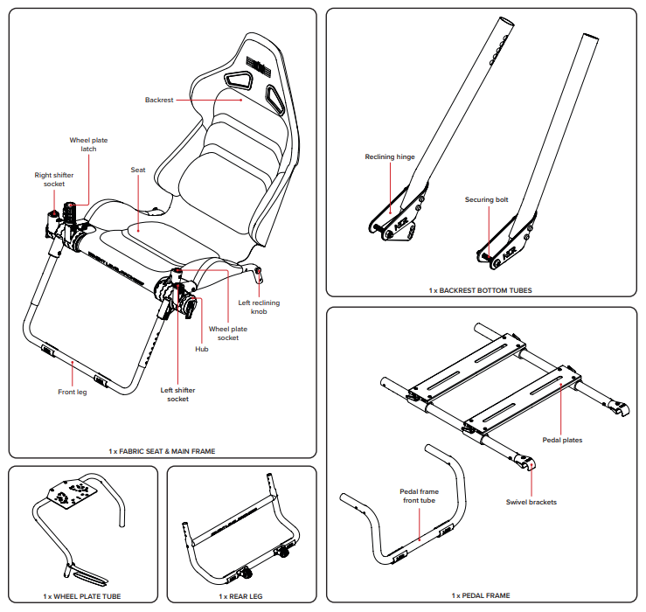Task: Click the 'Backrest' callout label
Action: pyautogui.click(x=160, y=101)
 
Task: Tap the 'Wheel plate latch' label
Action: pyautogui.click(x=88, y=144)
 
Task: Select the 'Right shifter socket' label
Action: pyautogui.click(x=54, y=179)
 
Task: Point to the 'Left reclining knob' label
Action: pyautogui.click(x=259, y=307)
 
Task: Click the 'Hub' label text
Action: pyautogui.click(x=201, y=348)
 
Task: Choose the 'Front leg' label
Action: pyautogui.click(x=73, y=392)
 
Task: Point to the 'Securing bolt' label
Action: pyautogui.click(x=486, y=199)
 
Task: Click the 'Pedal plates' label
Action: pyautogui.click(x=562, y=440)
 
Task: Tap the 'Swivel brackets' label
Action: pyautogui.click(x=531, y=502)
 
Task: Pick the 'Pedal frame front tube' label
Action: pyautogui.click(x=419, y=497)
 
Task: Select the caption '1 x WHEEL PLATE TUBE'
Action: pyautogui.click(x=82, y=596)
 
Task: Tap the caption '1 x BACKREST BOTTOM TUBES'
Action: pyautogui.click(x=480, y=289)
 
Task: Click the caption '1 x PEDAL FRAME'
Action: pyautogui.click(x=480, y=595)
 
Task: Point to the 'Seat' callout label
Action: pyautogui.click(x=137, y=170)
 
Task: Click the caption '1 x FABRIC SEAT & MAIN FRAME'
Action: pyautogui.click(x=162, y=451)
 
